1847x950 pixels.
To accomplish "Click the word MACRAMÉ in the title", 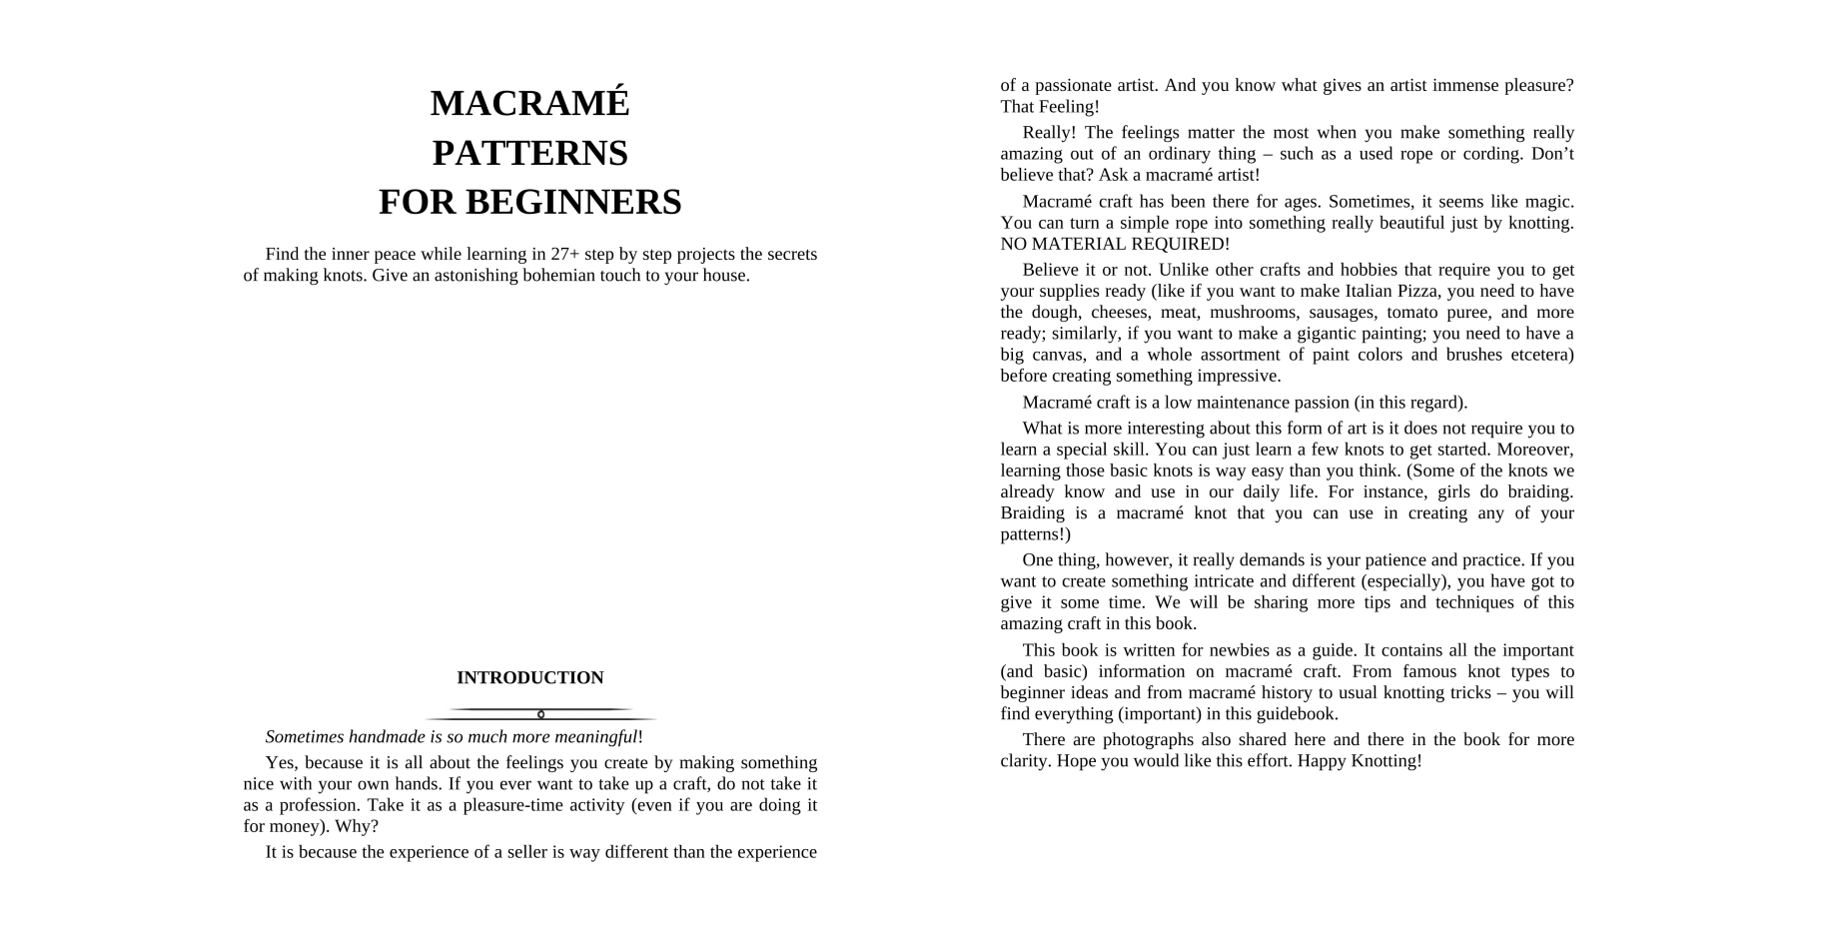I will click(x=529, y=104).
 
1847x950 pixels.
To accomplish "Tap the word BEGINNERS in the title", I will click(x=573, y=202).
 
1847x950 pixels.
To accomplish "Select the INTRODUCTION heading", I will click(x=529, y=678).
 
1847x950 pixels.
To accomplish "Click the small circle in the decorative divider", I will click(x=540, y=714).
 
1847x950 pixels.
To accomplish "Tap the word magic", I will click(x=1548, y=202).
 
